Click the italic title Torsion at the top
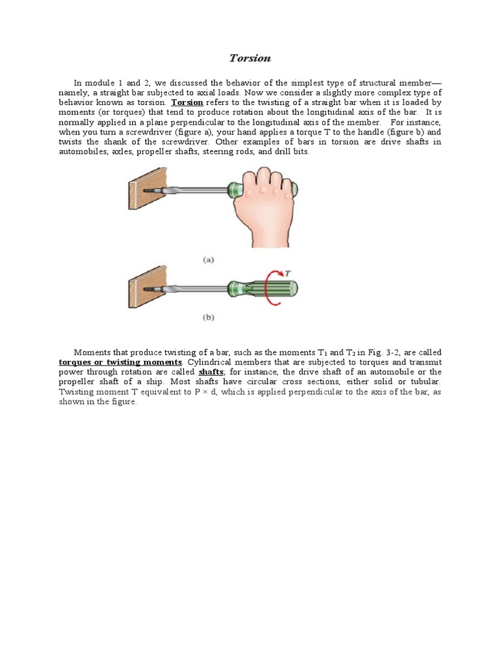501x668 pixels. tap(250, 58)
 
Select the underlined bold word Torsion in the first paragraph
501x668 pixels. tap(187, 103)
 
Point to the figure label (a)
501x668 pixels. tap(209, 259)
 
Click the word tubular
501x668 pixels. tap(425, 382)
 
